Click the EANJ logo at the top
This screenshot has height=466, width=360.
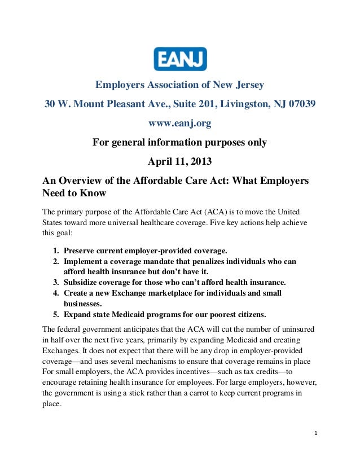tap(180, 59)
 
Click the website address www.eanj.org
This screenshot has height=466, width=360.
tap(179, 124)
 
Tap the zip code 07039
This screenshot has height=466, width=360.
tap(299, 104)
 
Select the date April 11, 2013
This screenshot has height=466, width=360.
tap(179, 162)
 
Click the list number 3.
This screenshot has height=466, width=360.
tap(56, 282)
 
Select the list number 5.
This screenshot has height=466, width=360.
tap(56, 314)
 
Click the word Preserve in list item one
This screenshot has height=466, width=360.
tap(81, 251)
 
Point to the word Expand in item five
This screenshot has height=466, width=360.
tap(78, 314)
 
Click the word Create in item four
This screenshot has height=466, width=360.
tap(77, 293)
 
